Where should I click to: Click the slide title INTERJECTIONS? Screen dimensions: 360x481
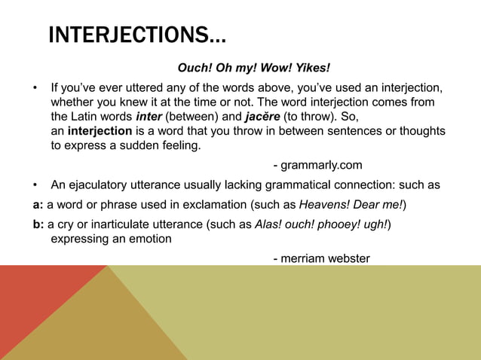(136, 35)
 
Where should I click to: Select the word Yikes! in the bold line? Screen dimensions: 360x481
(312, 69)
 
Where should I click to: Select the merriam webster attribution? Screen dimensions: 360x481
(321, 258)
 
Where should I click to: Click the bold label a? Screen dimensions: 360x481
(27, 205)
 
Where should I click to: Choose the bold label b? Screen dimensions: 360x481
(28, 224)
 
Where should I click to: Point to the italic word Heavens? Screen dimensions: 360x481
(323, 205)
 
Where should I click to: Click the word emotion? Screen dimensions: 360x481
(149, 239)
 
